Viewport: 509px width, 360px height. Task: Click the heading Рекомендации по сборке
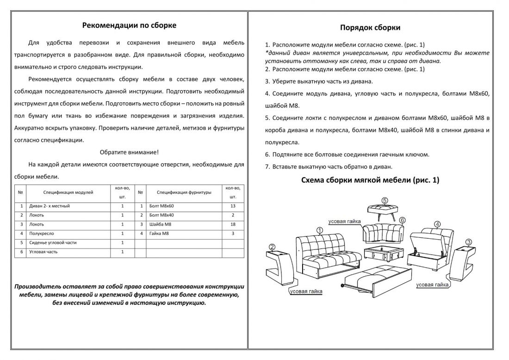129,25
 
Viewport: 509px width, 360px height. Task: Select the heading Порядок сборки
370,27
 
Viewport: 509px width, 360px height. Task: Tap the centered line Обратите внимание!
129,152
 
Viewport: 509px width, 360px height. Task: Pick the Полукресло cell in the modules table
42,234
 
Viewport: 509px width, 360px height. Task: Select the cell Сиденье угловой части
53,242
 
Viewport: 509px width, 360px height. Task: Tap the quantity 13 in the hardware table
233,206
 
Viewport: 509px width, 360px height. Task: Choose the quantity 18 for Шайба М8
233,224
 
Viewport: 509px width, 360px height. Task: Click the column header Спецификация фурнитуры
184,192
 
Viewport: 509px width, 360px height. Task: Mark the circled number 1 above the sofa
319,230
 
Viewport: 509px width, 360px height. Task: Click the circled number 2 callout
272,247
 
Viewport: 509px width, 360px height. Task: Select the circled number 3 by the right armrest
469,242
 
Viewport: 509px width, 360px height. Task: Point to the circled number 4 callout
437,224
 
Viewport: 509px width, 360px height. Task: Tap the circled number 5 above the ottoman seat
385,200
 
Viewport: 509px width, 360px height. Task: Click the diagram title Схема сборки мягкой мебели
370,180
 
